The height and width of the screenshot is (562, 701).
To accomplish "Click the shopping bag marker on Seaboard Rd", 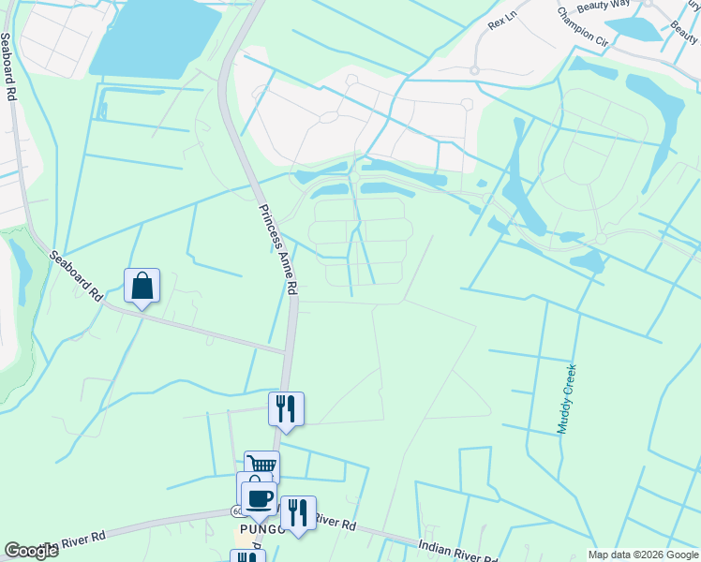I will [142, 286].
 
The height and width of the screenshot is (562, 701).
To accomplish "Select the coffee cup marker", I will [258, 497].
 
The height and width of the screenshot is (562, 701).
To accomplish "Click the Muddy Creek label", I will [569, 399].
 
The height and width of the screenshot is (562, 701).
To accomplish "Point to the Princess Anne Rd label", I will [278, 250].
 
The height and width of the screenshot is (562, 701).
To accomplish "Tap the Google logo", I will [31, 551].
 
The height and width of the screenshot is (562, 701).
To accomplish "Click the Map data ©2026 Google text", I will [642, 555].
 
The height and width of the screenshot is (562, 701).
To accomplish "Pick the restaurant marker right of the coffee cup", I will [298, 512].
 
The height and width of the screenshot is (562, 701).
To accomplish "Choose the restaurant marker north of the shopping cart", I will [286, 408].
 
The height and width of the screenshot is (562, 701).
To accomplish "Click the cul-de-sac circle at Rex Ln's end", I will [474, 69].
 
